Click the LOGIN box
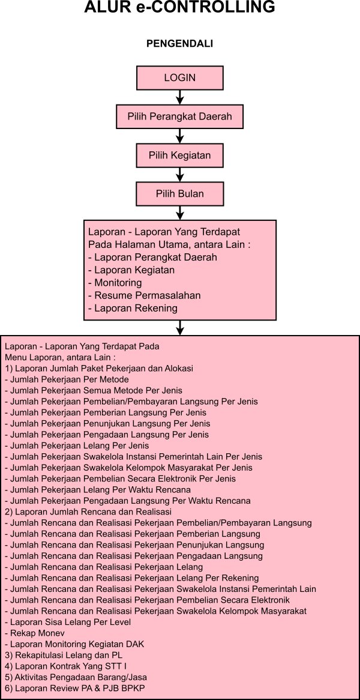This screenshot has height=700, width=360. (180, 78)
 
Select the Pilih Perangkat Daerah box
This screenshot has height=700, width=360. (180, 116)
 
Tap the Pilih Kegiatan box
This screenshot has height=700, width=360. (180, 155)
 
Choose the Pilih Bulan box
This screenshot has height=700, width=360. (180, 194)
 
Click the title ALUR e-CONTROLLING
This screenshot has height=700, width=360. (180, 8)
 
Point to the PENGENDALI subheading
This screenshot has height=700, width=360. (180, 44)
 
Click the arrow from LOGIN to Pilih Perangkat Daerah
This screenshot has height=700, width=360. (180, 97)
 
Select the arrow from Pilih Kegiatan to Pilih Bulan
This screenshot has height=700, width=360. (180, 175)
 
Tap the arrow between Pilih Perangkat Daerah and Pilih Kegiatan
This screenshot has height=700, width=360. (180, 136)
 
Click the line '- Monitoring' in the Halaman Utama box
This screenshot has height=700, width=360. (115, 283)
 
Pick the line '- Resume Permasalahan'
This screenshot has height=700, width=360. (144, 295)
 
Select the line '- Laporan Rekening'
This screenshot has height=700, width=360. (133, 309)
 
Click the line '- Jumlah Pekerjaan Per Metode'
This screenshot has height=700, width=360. (67, 379)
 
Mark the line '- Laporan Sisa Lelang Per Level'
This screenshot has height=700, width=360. (68, 622)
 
